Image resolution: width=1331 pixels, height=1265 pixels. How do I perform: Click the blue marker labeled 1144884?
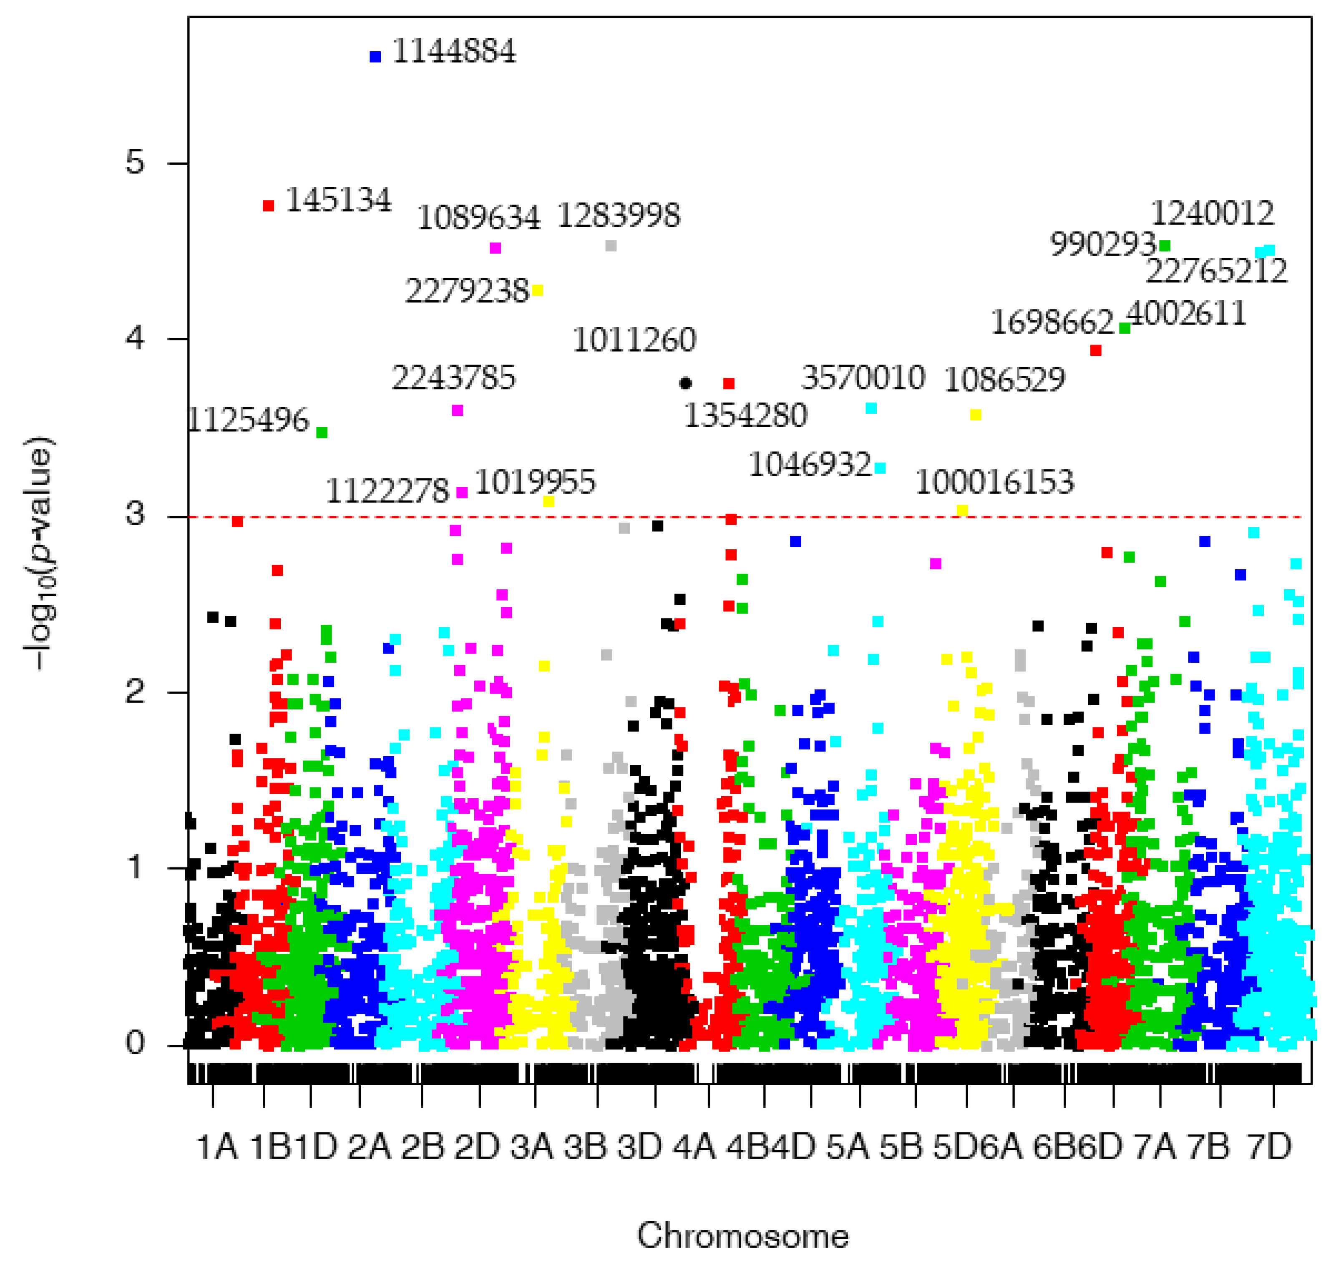(x=375, y=57)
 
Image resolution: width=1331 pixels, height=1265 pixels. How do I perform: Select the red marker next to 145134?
(x=268, y=206)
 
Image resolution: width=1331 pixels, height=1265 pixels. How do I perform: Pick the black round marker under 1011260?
(x=686, y=384)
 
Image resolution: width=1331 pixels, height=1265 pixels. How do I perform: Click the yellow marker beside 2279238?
(x=538, y=291)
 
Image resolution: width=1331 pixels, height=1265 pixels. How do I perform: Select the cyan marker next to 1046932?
(x=880, y=468)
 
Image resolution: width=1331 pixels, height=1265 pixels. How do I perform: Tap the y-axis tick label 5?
(x=135, y=163)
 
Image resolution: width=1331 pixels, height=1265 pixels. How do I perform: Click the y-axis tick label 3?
(x=135, y=515)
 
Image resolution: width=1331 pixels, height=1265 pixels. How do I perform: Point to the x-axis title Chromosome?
(x=742, y=1236)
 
